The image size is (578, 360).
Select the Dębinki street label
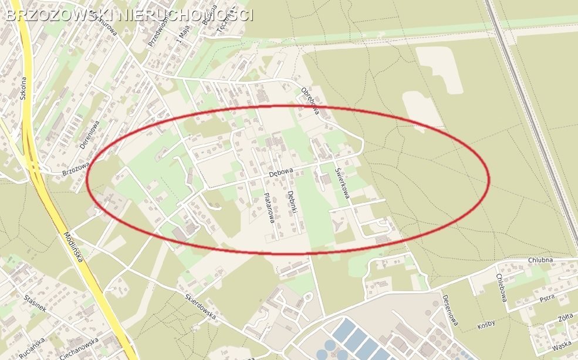tap(292, 203)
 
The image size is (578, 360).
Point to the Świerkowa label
tap(342, 183)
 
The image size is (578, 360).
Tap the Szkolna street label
tap(23, 89)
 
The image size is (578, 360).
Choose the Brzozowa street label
tap(76, 169)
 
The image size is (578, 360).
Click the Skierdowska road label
tap(200, 307)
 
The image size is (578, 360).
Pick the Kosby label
tap(486, 324)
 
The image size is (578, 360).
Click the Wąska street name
tap(562, 346)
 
